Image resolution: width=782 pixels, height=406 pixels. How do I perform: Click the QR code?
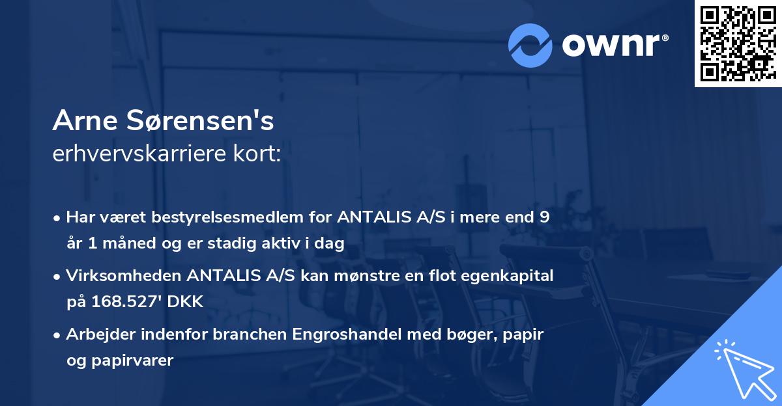(x=738, y=43)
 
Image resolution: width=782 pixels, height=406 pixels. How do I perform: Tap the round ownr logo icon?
(x=530, y=46)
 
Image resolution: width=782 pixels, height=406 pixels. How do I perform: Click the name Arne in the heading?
(x=85, y=122)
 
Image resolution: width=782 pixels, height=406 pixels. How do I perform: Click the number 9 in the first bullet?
(x=545, y=218)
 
